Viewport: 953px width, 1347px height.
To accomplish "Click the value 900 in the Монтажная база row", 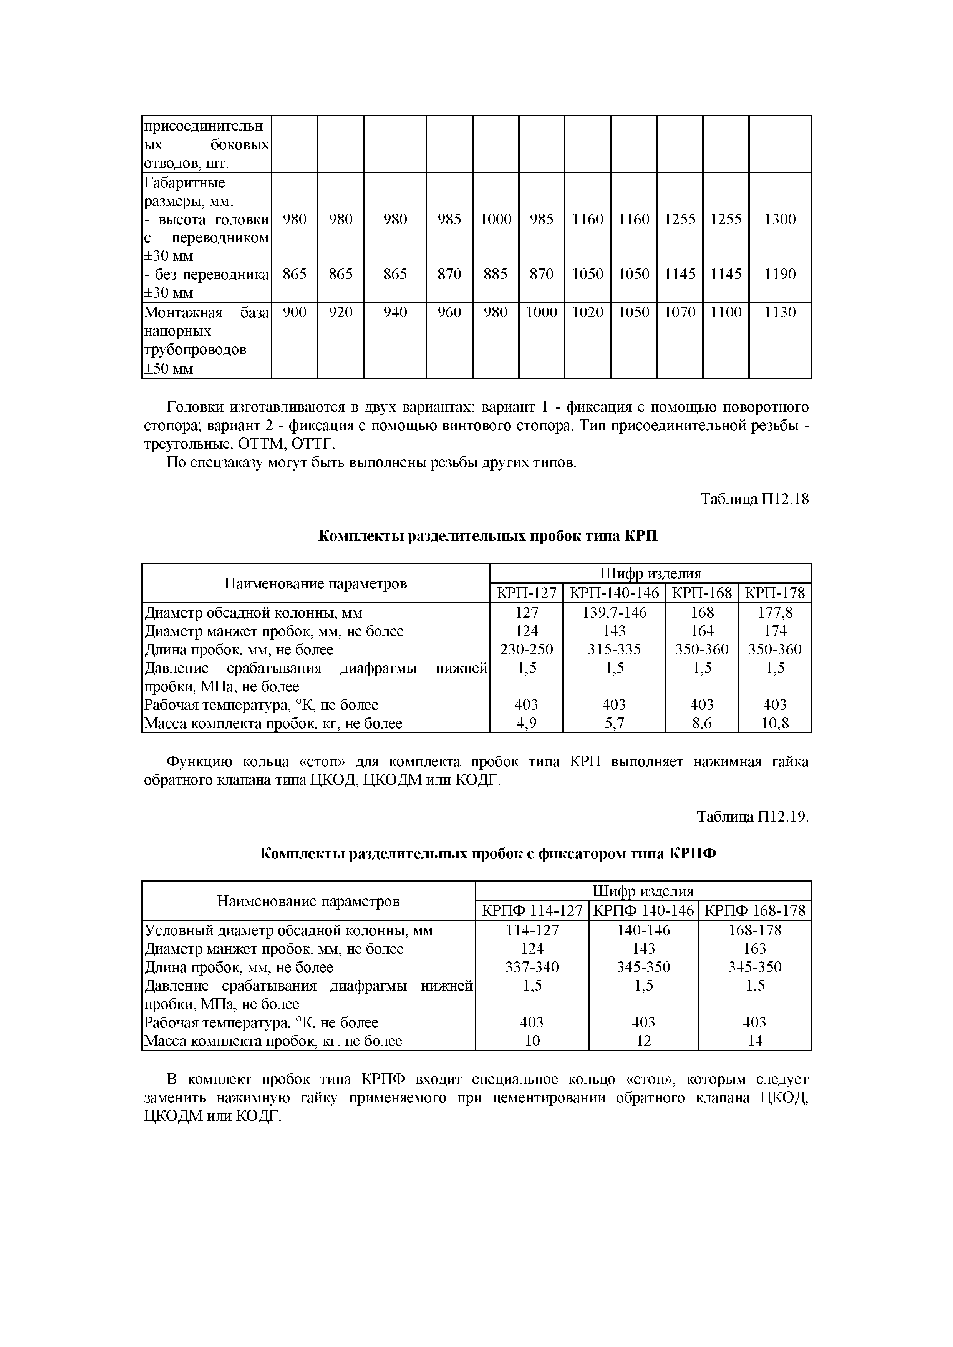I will (x=295, y=312).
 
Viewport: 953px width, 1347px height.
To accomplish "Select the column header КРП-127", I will (x=526, y=593).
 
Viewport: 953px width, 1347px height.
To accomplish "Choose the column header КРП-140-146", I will (x=615, y=593).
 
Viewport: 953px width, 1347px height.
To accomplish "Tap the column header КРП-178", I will (x=775, y=593).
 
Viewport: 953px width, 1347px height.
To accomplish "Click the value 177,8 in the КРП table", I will (x=775, y=613).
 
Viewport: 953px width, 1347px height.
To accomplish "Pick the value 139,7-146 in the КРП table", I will (x=615, y=613).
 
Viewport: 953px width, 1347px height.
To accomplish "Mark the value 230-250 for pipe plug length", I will (x=526, y=649).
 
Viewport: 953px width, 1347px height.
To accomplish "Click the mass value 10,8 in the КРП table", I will (x=775, y=723).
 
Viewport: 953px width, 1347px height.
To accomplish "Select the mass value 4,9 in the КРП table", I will (x=526, y=723).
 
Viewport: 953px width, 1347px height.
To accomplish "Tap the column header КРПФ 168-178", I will (x=755, y=911).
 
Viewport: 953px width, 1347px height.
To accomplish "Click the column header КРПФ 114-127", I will (x=532, y=911).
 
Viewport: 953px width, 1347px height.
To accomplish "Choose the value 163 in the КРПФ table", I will (x=755, y=949).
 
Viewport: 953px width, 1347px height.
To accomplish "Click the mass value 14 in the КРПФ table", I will (x=755, y=1041).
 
